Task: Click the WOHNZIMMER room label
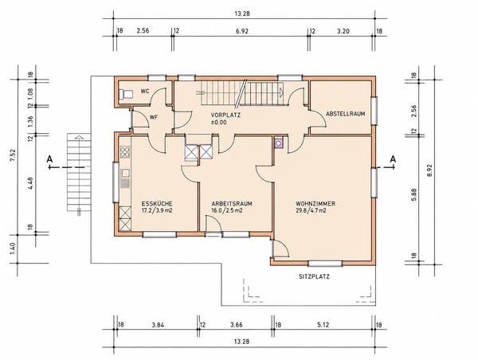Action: click(315, 204)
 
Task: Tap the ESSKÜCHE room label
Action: click(157, 204)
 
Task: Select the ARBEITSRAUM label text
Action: click(232, 204)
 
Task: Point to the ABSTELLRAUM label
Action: click(346, 114)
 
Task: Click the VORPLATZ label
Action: click(225, 115)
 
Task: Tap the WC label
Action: click(145, 91)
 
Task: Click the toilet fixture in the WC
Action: click(126, 94)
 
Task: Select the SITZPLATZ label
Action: click(314, 277)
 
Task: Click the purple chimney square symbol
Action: click(278, 143)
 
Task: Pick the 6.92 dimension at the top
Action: click(241, 31)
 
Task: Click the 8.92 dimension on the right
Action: click(430, 170)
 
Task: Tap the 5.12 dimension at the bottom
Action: click(323, 325)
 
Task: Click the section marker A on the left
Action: click(49, 158)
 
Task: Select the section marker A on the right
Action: click(394, 158)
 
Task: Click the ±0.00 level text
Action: click(219, 123)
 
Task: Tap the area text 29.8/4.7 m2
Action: click(311, 210)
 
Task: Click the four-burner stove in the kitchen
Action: click(125, 152)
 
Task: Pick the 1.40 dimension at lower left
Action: click(13, 248)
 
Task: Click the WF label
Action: click(154, 117)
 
